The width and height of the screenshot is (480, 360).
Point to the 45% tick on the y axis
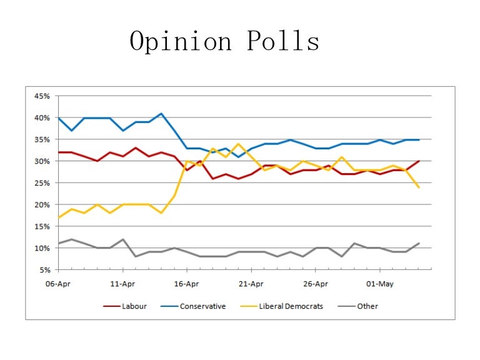pos(42,96)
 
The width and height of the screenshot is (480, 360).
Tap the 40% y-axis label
pos(42,118)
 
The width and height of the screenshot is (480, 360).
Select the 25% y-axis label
pos(42,183)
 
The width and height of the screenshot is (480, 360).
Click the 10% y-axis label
pos(42,248)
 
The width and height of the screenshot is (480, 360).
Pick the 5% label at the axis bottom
pos(44,270)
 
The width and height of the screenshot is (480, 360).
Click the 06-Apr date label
pos(58,283)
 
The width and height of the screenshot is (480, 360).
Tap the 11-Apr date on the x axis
pos(122,283)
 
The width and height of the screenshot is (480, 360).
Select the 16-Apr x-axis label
pos(187,283)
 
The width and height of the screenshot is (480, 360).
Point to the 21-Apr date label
pos(251,283)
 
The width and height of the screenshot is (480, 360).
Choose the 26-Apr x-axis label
pos(315,283)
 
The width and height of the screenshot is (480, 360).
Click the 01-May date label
pos(379,283)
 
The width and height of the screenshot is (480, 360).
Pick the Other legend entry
pos(367,306)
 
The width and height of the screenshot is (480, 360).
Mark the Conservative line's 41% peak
pos(161,114)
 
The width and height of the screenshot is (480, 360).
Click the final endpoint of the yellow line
pos(418,187)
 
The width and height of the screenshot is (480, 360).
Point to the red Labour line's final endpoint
pos(418,161)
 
